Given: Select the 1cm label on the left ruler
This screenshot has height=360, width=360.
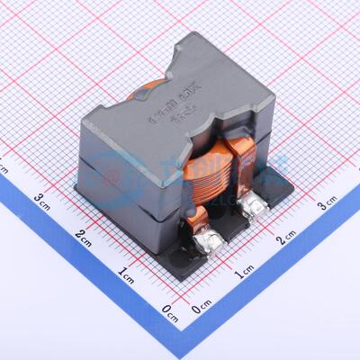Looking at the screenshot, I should point(126,273).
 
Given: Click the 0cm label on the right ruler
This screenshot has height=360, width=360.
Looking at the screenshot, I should point(202,310).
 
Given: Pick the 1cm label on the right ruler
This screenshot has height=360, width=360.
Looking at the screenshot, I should point(245,273).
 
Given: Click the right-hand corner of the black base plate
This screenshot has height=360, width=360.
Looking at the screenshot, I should point(292,186).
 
